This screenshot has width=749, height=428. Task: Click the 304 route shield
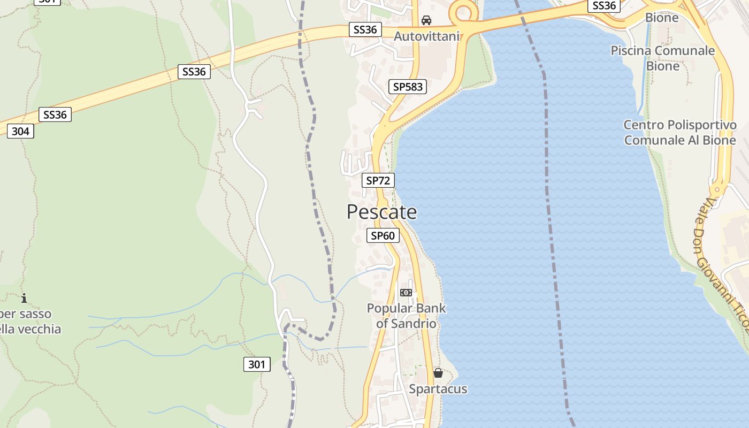click(20, 131)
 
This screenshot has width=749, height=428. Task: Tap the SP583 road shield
click(408, 87)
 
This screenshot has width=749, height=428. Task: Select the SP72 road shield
click(378, 180)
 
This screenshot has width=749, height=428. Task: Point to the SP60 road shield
click(383, 235)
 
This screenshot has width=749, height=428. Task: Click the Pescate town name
click(381, 212)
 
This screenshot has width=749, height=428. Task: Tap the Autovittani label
click(426, 36)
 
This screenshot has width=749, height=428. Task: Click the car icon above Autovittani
click(426, 20)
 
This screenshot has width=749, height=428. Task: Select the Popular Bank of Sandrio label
click(406, 316)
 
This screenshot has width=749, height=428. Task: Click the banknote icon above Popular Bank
click(406, 293)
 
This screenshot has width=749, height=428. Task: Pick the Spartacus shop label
click(438, 389)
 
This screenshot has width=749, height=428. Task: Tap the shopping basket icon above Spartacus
click(438, 373)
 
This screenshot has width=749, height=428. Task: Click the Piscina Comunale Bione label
click(663, 58)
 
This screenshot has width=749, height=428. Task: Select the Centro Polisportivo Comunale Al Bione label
click(680, 133)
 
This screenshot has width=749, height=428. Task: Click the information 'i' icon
click(24, 298)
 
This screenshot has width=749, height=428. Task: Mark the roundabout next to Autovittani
click(463, 11)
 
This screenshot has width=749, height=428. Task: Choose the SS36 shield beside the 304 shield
click(55, 114)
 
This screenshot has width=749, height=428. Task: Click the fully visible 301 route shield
click(257, 365)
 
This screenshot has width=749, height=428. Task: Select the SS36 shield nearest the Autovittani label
click(365, 30)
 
